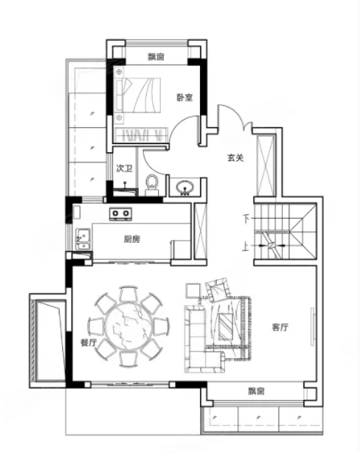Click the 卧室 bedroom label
(x=184, y=99)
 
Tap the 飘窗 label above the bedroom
(x=156, y=57)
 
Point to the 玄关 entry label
(x=235, y=158)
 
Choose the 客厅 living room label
(x=281, y=327)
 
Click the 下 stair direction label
(x=246, y=219)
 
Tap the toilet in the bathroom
(x=152, y=183)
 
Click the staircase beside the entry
(x=286, y=231)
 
